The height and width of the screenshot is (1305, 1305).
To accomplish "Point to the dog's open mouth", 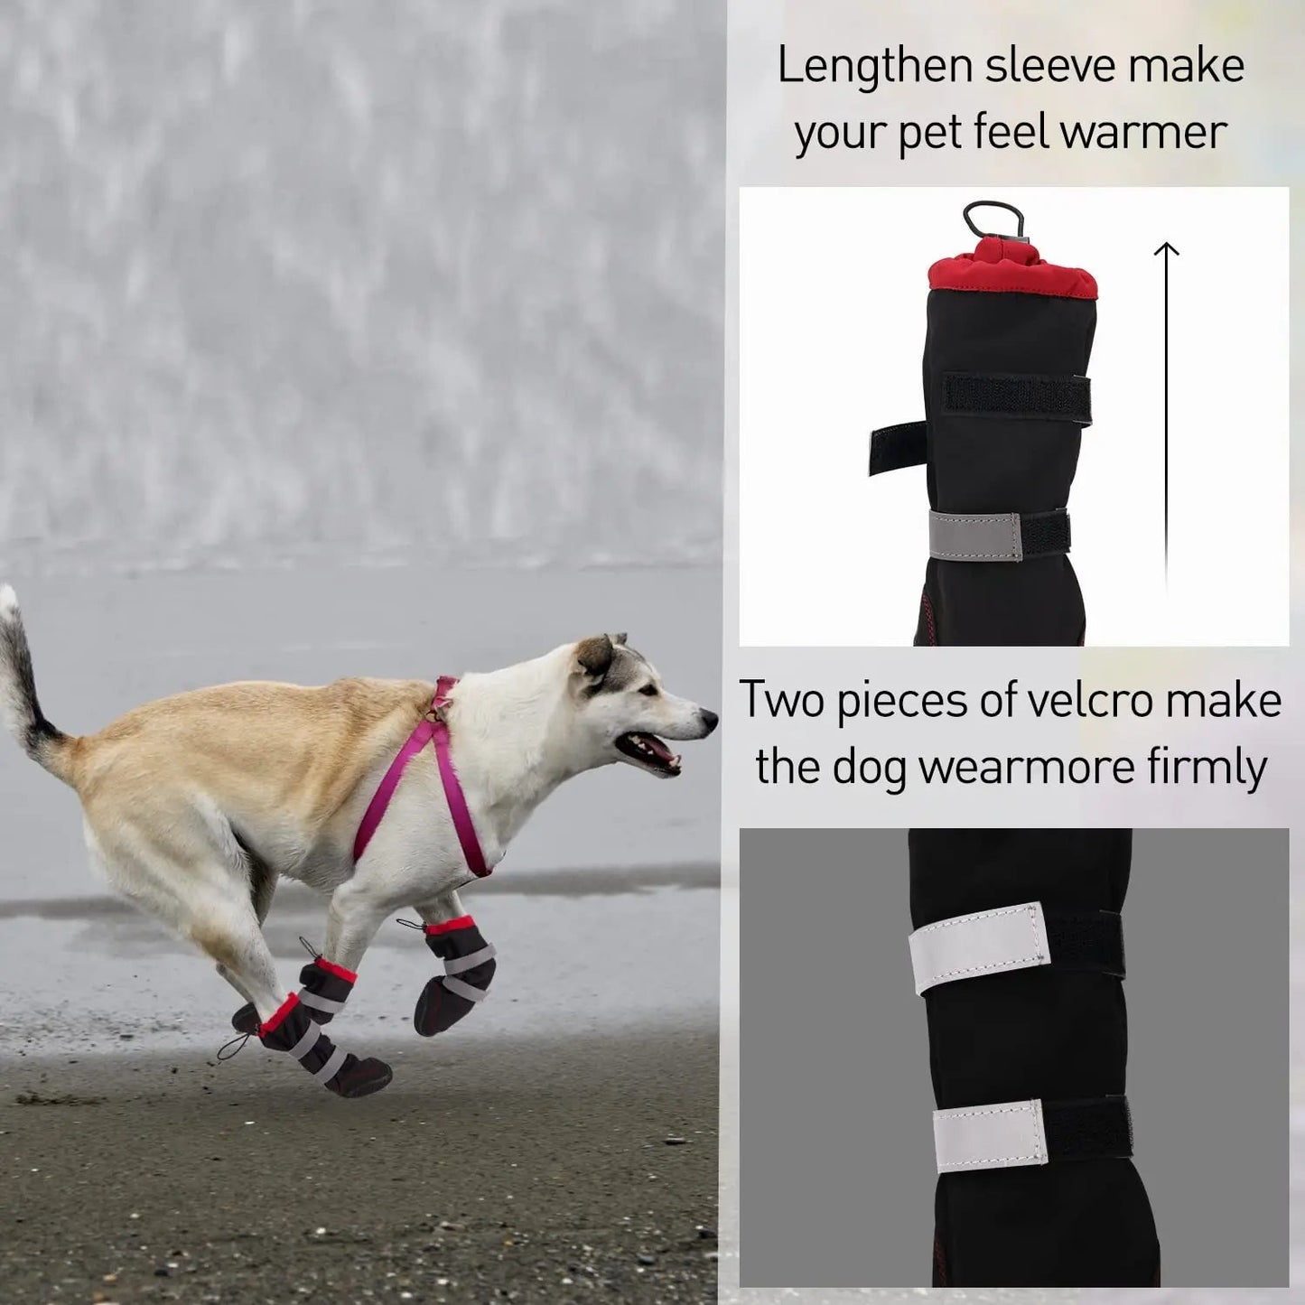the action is pos(648,750).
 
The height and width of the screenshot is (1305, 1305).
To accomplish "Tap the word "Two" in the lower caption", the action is pos(783,700).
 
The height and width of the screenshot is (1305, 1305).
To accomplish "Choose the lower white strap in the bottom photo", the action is pos(990,1135).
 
